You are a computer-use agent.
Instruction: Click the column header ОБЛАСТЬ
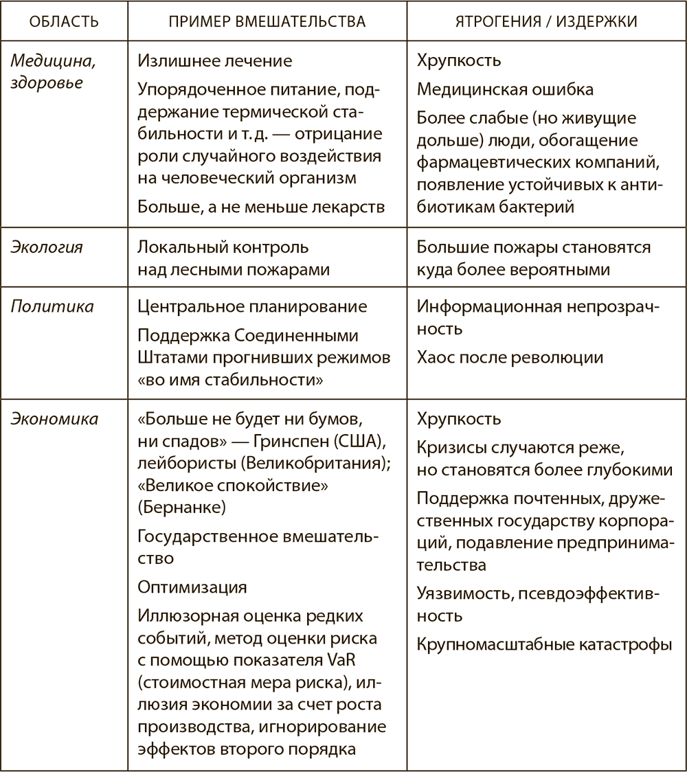pos(64,21)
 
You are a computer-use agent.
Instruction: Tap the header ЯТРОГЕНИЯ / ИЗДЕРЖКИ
pos(546,21)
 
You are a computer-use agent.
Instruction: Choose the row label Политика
pos(52,306)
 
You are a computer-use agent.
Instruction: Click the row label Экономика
pos(54,418)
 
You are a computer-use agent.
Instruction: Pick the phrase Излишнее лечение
pos(214,60)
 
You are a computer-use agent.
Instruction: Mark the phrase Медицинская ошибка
pos(505,89)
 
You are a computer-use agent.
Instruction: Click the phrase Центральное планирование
pos(252,306)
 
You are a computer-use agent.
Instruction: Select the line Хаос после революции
pos(510,357)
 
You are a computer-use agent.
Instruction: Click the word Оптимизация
pos(192,588)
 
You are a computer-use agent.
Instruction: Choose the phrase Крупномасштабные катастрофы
pos(544,645)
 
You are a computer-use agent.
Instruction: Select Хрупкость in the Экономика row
pos(458,419)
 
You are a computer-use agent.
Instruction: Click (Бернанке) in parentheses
pos(177,507)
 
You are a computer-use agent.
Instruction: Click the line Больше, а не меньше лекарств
pos(260,206)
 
